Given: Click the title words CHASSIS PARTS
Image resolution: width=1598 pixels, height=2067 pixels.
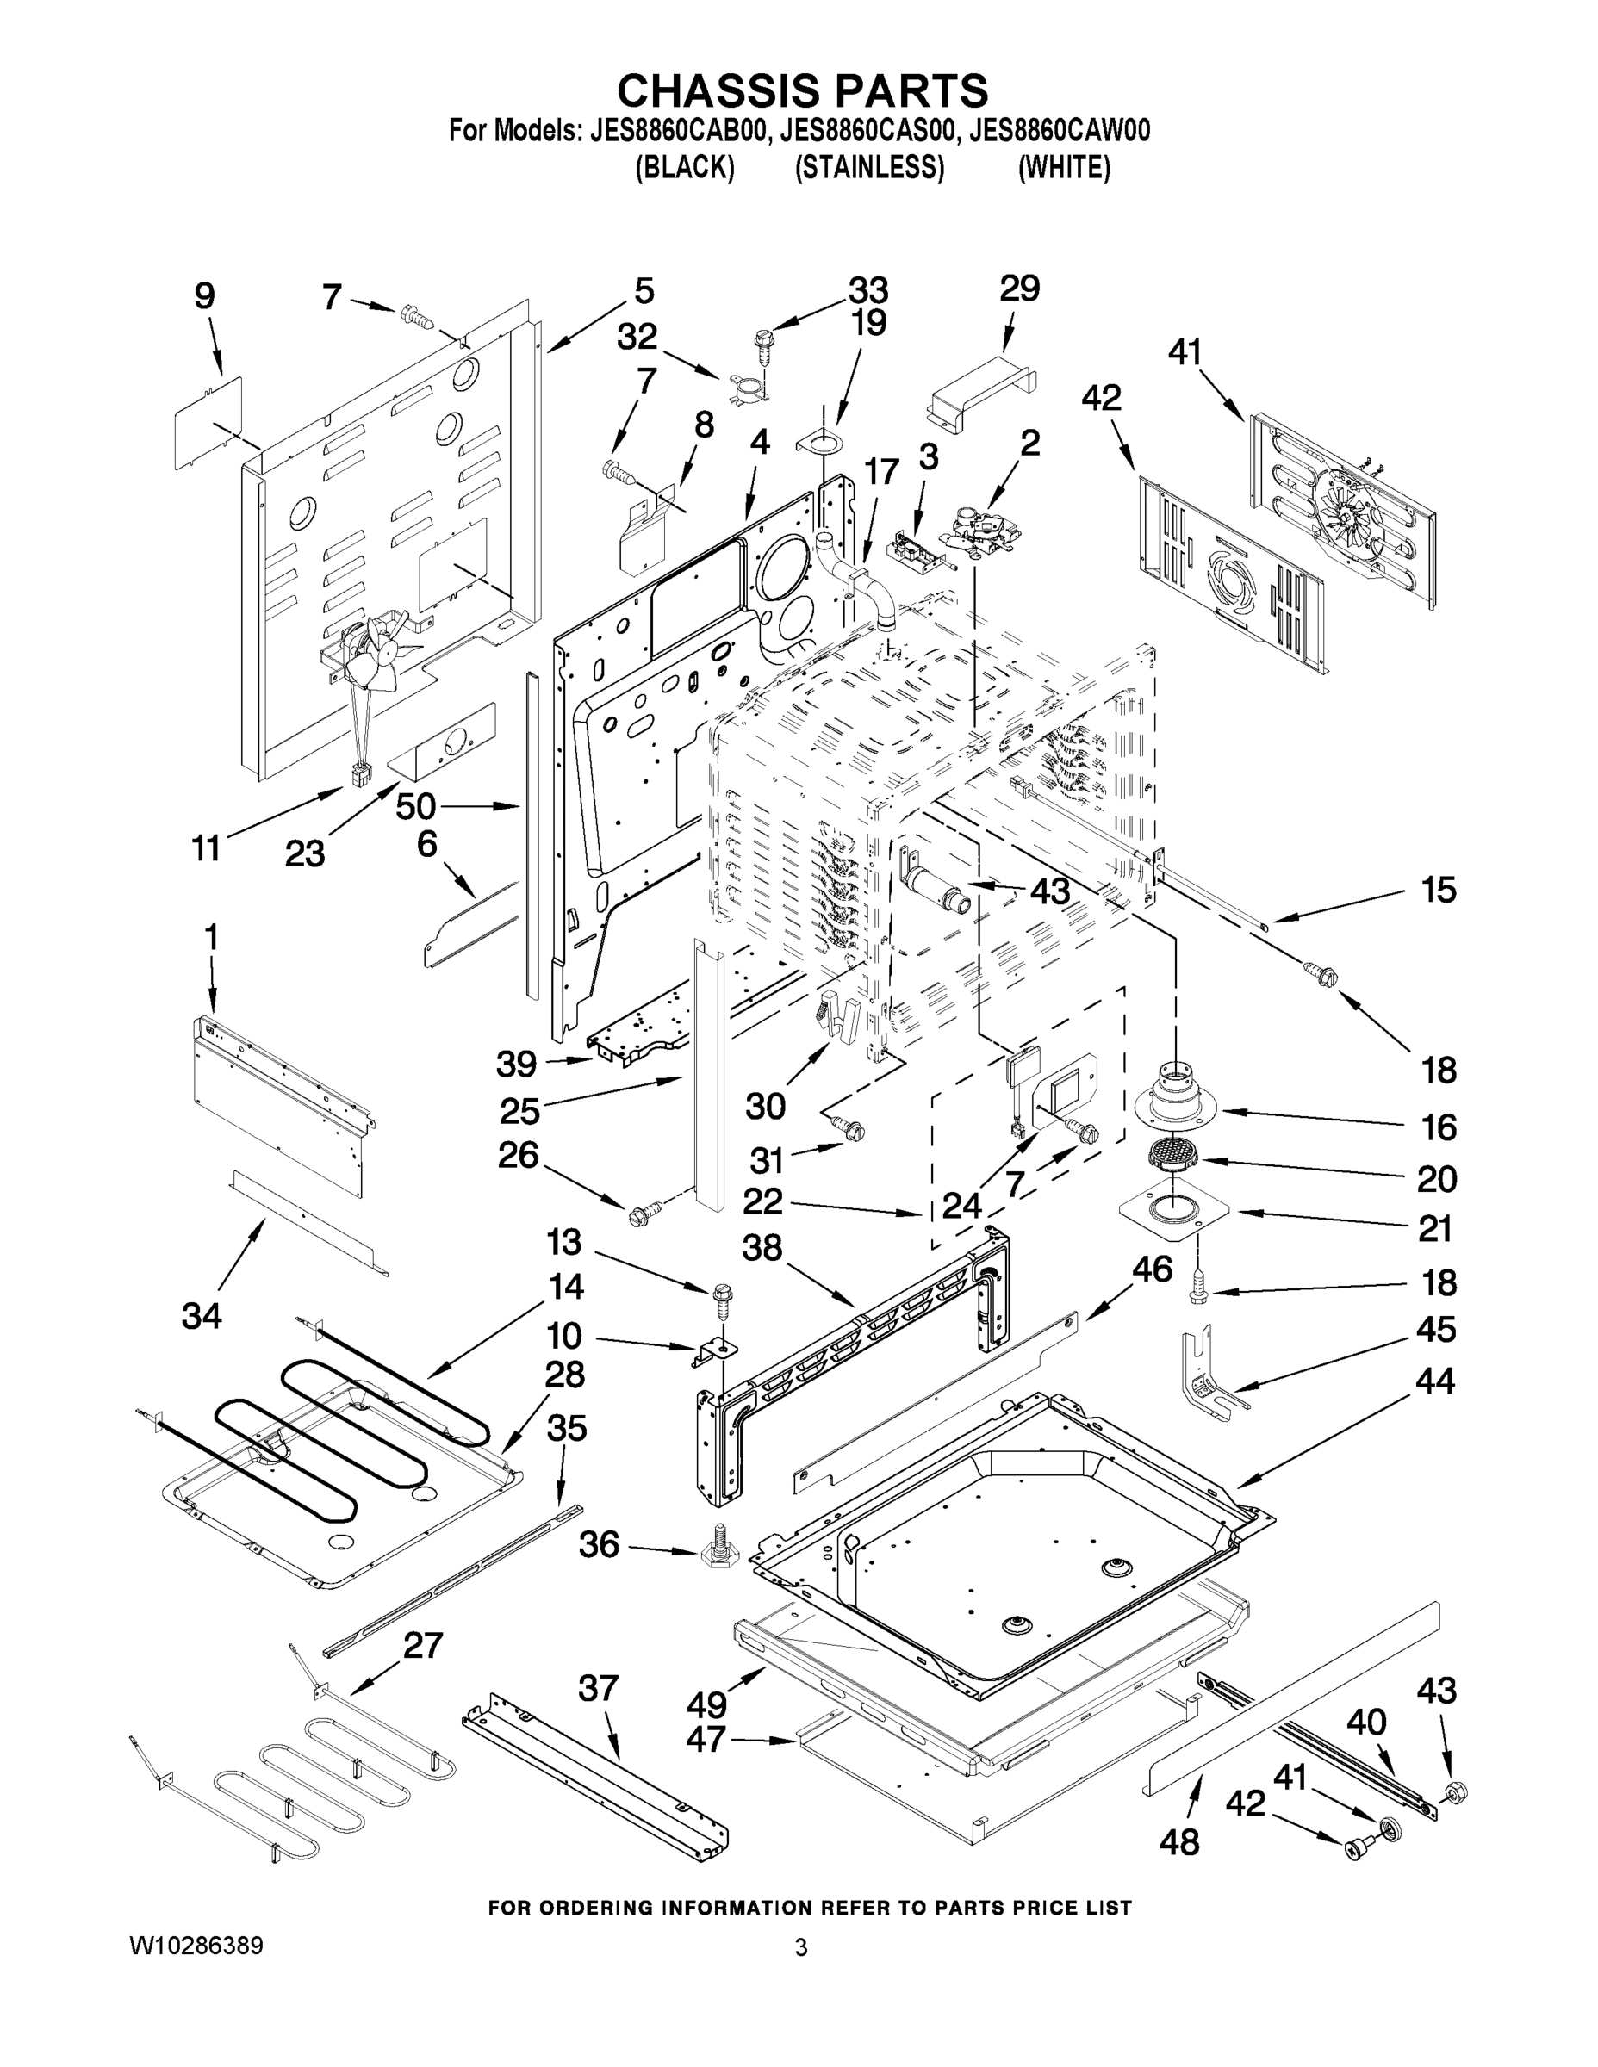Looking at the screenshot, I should (802, 90).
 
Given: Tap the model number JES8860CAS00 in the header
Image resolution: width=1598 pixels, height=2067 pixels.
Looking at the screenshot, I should (869, 131).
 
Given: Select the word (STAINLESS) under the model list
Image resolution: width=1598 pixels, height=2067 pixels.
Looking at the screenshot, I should (869, 168).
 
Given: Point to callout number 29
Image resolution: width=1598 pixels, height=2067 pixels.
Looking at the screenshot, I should (1020, 289).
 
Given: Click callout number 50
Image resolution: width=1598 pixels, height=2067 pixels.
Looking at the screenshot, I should (414, 806).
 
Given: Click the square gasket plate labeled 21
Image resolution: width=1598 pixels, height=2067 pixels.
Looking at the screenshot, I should (1174, 1210).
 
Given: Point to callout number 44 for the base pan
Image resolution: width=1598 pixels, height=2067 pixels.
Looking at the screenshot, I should (1434, 1381).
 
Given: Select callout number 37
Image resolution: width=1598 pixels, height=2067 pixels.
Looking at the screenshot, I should (599, 1688).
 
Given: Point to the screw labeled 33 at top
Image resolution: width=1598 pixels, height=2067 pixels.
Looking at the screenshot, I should (764, 344).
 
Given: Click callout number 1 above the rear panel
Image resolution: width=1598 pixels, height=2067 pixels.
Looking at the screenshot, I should (210, 937).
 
